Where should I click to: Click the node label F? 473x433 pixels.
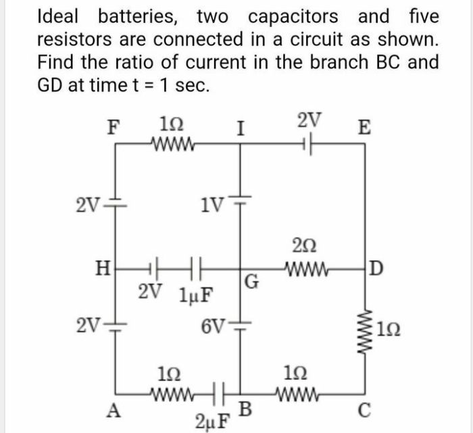click(114, 127)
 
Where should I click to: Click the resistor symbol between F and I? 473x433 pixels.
click(174, 143)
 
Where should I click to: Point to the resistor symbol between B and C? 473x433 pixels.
click(299, 392)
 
